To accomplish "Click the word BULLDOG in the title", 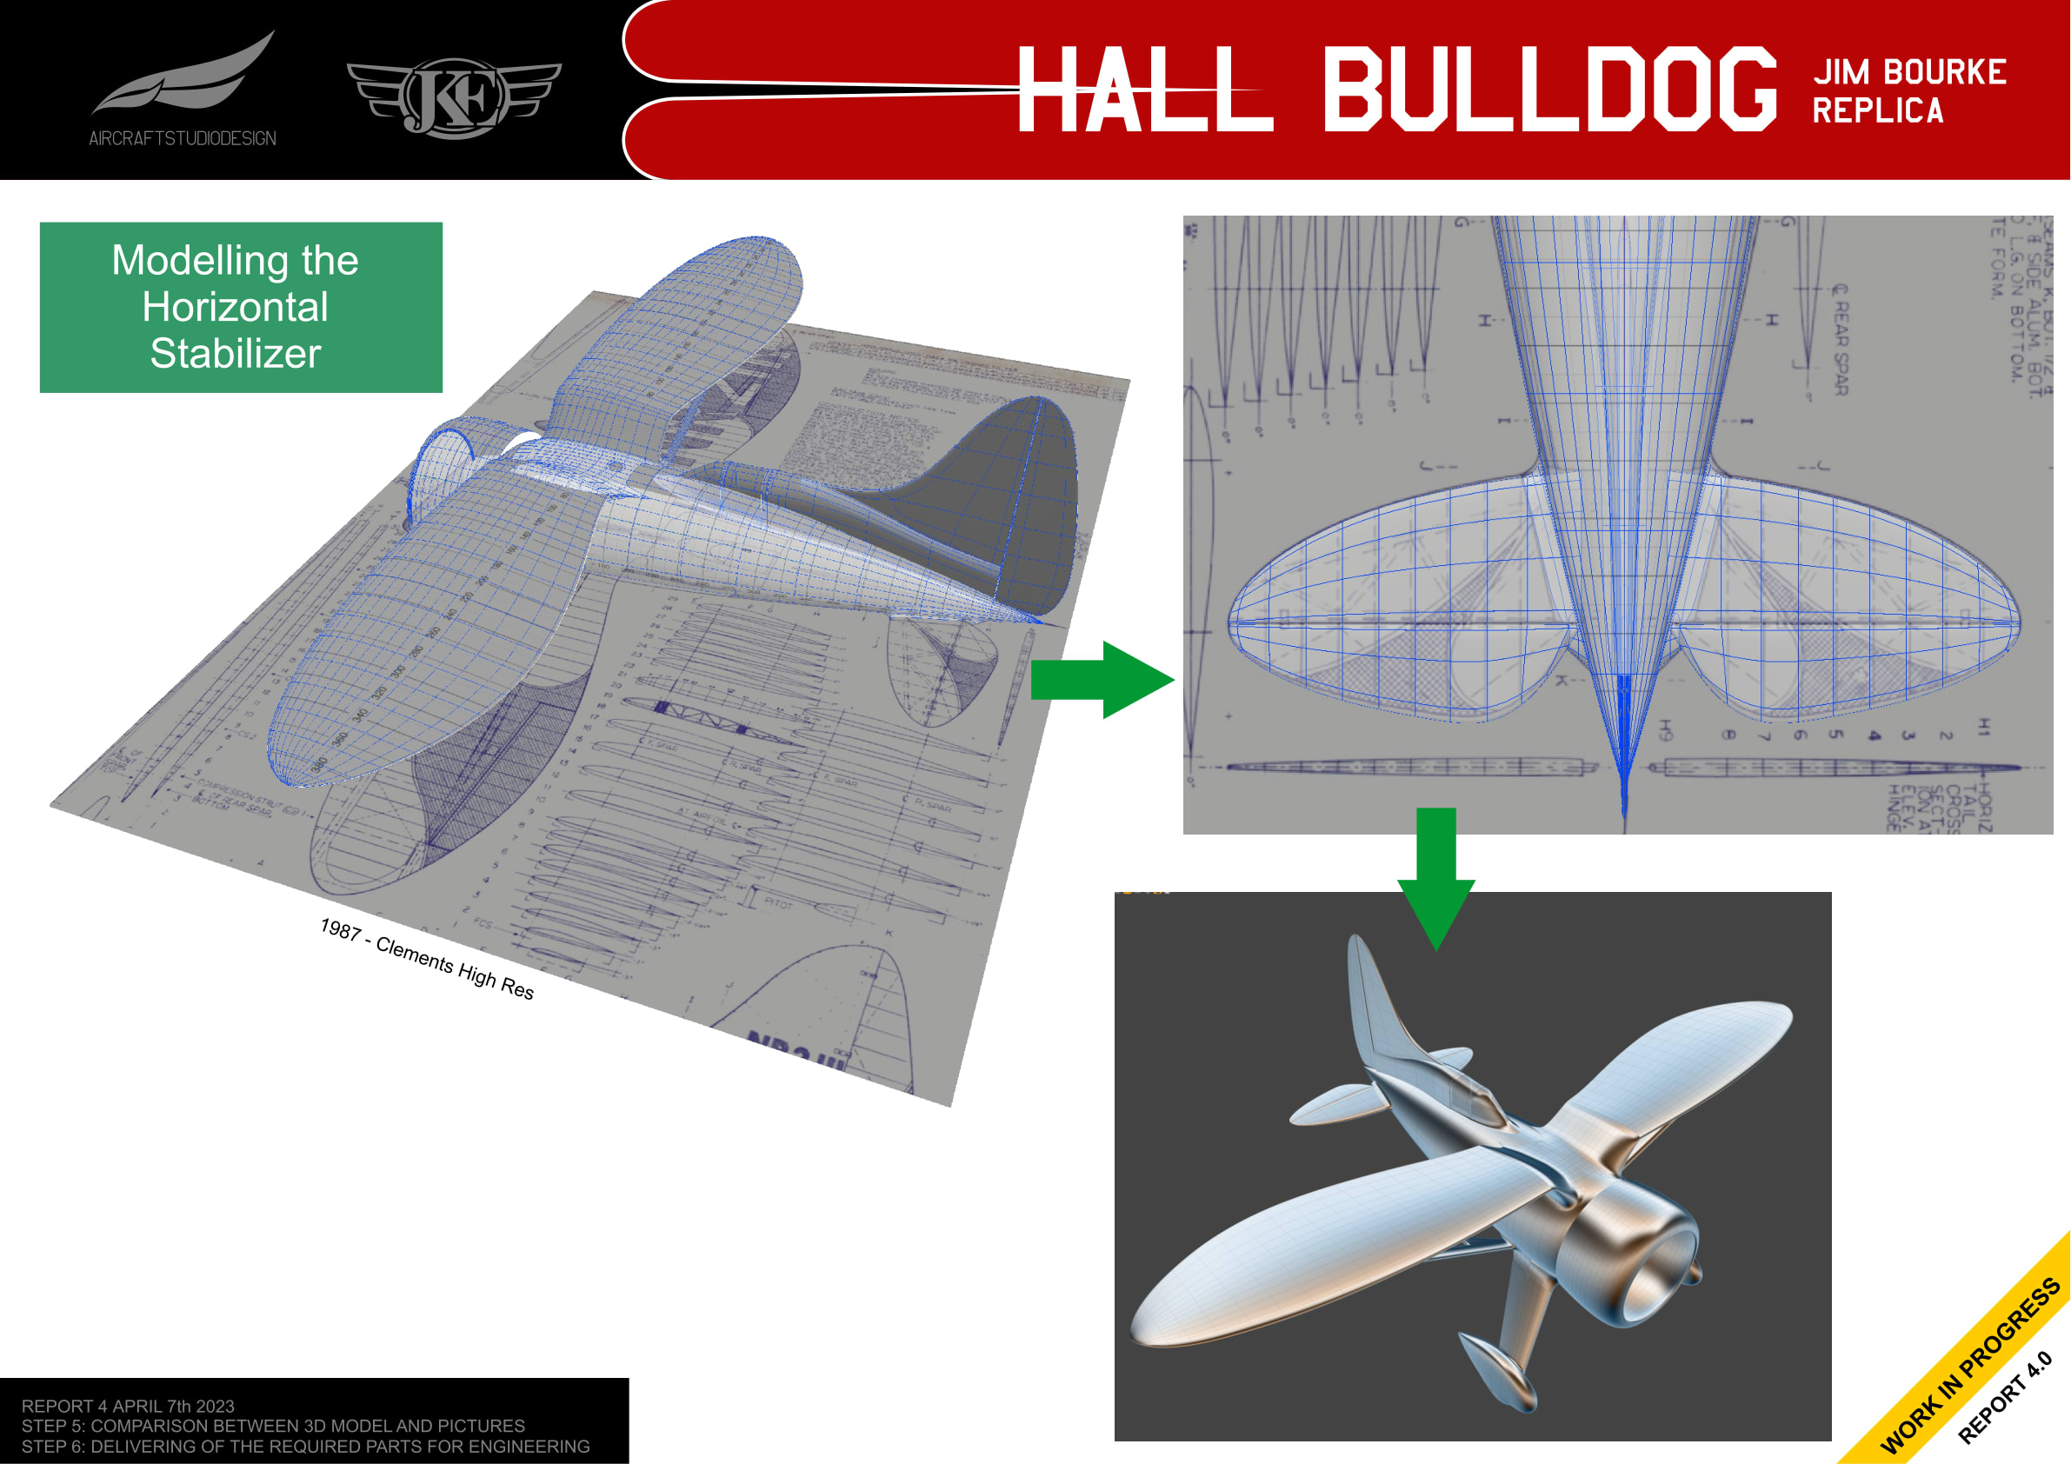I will click(x=1548, y=89).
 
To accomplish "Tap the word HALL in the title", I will click(x=1143, y=89).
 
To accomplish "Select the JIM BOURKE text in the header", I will click(x=1908, y=71).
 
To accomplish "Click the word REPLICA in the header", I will click(x=1877, y=111).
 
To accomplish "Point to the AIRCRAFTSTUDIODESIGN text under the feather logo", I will click(x=183, y=138).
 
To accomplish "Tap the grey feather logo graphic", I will click(x=185, y=75).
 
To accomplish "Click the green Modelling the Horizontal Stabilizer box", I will click(x=241, y=307).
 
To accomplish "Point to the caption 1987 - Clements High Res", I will click(x=427, y=958).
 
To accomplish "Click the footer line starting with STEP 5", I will click(x=272, y=1425).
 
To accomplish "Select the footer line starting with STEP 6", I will click(x=305, y=1446).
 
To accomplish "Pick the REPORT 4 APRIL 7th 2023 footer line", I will click(x=127, y=1406).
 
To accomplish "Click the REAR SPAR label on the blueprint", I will click(x=1840, y=340).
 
